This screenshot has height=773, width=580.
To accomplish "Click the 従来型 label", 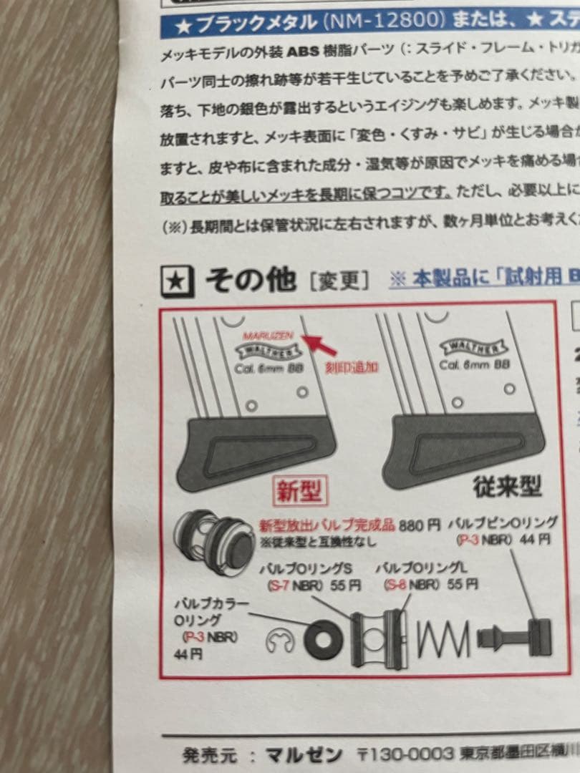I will (506, 487).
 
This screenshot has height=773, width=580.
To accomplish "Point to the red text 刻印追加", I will (351, 368).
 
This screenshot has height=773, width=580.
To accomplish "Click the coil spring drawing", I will (443, 636).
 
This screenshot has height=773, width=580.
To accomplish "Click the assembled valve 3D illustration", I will (214, 540).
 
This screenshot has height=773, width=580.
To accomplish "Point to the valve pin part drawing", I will (516, 636).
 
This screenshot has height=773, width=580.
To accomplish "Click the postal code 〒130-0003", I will (405, 754).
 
